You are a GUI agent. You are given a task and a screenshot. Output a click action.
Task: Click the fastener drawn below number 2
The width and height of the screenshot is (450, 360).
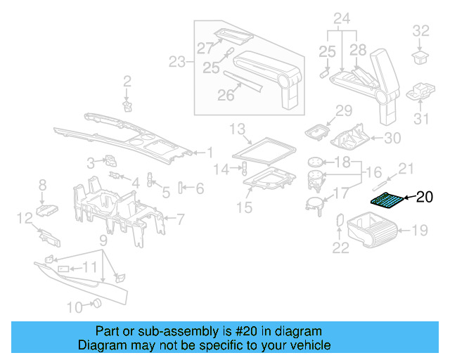tap(127, 105)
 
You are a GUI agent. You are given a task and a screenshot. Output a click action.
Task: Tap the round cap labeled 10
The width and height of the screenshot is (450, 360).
tap(97, 304)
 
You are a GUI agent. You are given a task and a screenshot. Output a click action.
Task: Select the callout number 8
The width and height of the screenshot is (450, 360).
tap(42, 185)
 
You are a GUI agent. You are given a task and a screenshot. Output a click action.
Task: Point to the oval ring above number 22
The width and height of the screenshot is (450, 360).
tap(339, 221)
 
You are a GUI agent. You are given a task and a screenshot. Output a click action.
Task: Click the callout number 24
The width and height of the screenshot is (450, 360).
tap(342, 18)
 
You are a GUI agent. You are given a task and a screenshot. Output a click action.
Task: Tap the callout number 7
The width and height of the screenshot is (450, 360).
tap(180, 219)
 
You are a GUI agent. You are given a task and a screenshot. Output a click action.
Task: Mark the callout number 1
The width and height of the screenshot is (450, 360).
tap(208, 152)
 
